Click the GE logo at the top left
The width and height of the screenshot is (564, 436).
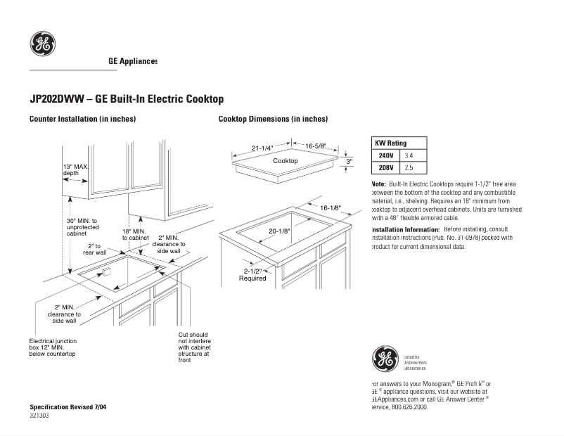[x=42, y=44]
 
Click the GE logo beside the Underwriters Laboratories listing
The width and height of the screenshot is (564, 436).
[x=385, y=359]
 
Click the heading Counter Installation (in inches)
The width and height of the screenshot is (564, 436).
[x=82, y=119]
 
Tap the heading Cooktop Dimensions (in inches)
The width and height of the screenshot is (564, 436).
[x=273, y=119]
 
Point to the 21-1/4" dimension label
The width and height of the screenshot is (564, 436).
[x=262, y=148]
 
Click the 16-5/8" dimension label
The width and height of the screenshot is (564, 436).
[x=315, y=146]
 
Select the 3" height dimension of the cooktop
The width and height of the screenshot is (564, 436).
[x=349, y=161]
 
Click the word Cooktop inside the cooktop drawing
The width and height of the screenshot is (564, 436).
[x=286, y=161]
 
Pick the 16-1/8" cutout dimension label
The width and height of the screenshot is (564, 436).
[x=331, y=207]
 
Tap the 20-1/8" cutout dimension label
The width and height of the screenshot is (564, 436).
[x=279, y=231]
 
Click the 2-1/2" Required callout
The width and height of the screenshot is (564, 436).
[x=252, y=274]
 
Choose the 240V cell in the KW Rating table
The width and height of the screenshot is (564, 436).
[x=386, y=155]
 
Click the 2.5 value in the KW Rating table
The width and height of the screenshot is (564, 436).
[x=409, y=168]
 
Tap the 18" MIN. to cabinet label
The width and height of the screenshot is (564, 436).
[x=134, y=234]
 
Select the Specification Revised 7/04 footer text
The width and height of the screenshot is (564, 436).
[x=68, y=407]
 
